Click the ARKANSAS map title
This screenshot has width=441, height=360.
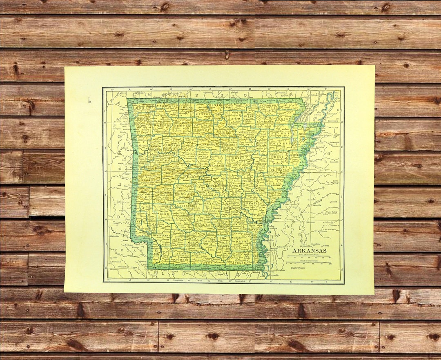[309, 250]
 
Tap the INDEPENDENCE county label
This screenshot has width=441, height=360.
[245, 133]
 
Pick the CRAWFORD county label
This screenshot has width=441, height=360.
[141, 146]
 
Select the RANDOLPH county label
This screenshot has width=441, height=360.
[268, 106]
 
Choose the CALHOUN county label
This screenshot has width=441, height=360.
[209, 241]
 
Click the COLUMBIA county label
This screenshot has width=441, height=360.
[180, 259]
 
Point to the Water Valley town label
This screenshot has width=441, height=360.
[330, 212]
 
